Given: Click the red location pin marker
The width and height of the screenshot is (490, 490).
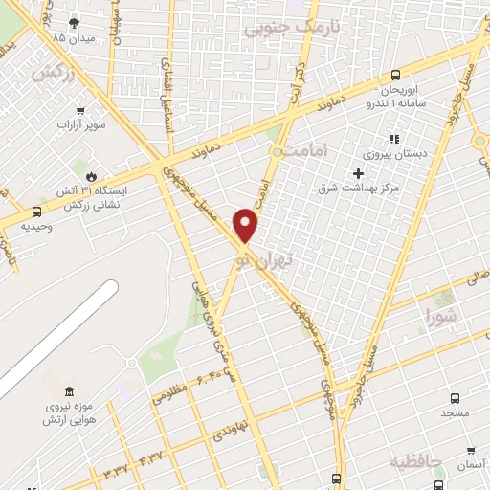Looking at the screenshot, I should pyautogui.click(x=247, y=226).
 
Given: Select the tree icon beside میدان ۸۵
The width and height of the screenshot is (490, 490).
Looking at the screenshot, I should pyautogui.click(x=76, y=21).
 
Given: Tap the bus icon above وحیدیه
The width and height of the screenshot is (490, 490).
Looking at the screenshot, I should pyautogui.click(x=36, y=211).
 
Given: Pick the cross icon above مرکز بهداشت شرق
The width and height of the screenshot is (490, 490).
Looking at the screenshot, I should pyautogui.click(x=359, y=173).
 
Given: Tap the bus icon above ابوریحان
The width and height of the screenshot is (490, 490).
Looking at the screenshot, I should pyautogui.click(x=395, y=77).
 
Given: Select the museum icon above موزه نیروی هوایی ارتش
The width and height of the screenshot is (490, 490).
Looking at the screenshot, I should pyautogui.click(x=68, y=392).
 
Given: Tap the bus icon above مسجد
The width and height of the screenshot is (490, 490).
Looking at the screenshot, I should pyautogui.click(x=454, y=398).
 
